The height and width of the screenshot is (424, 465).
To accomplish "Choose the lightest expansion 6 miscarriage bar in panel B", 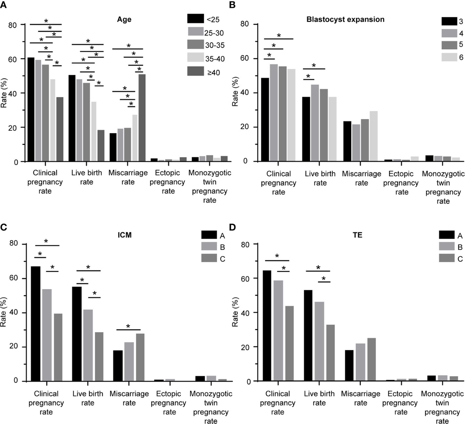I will point(374,136).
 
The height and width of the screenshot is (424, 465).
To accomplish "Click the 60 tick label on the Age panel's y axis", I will point(14,59).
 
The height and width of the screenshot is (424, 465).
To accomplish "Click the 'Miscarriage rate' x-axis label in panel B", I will point(362,178).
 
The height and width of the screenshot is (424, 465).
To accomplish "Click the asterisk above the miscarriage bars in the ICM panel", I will point(128,326).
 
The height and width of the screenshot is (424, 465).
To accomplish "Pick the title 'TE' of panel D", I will point(358,235).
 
